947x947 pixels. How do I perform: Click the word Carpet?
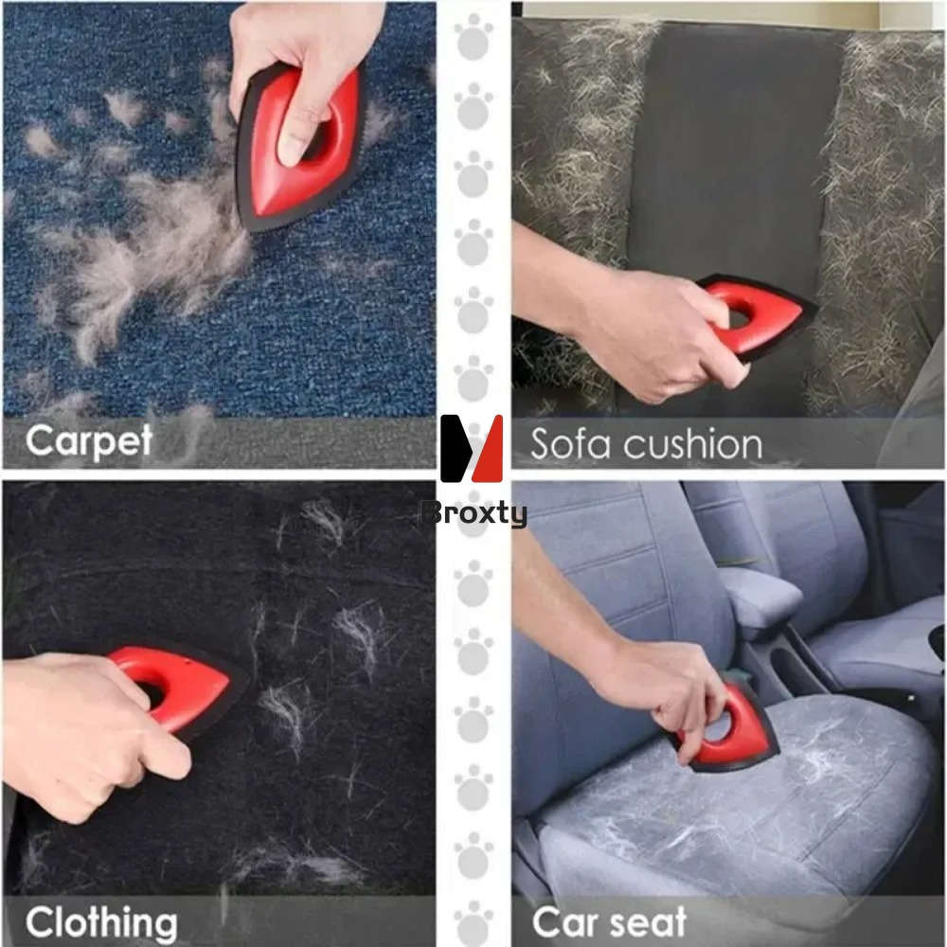[89, 441]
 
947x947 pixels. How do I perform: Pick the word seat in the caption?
[652, 921]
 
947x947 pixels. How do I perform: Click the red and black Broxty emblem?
[472, 448]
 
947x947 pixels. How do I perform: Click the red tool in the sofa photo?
[758, 317]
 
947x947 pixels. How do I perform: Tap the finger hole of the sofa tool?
[738, 316]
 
